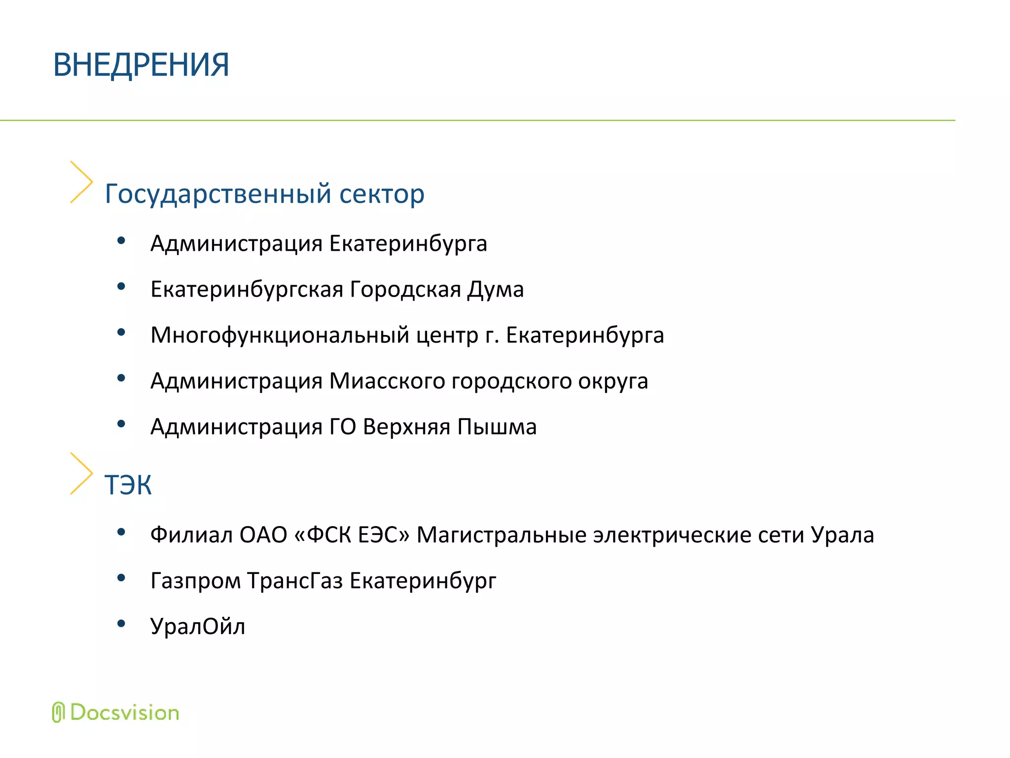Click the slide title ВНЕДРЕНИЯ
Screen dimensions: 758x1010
point(141,65)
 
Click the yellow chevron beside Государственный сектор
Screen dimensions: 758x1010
point(81,182)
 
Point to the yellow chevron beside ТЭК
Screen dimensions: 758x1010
point(81,474)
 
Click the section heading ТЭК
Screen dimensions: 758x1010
point(128,485)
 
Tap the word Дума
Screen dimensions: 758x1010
point(496,289)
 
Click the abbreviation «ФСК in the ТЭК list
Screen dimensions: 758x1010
point(323,535)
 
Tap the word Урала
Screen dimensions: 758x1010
point(842,535)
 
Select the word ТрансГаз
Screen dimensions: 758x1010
point(295,581)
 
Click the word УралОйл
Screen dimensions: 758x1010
point(198,627)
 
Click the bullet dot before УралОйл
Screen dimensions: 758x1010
point(121,624)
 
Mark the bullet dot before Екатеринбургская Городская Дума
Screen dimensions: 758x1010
point(121,286)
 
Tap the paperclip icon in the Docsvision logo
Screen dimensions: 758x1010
point(58,712)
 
